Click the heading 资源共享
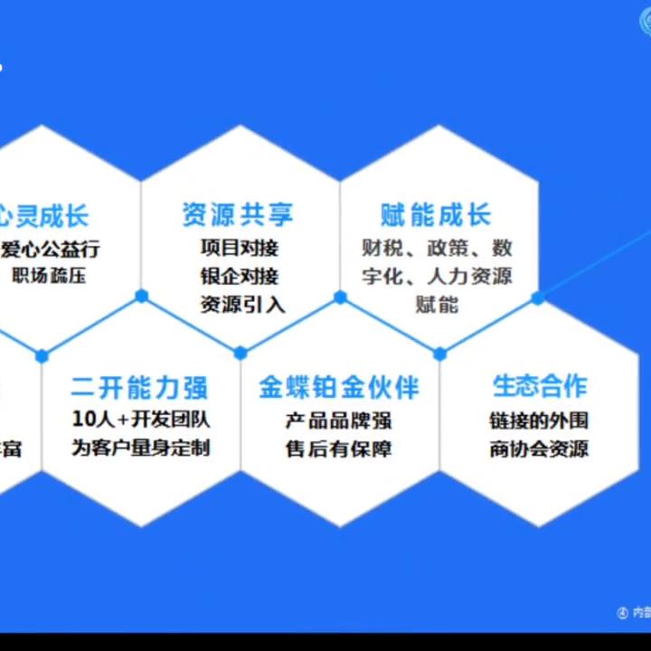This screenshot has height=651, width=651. tap(239, 215)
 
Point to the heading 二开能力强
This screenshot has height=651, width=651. tap(139, 388)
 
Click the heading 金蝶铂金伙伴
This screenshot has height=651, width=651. tap(339, 388)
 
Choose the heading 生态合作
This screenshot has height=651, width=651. tap(539, 386)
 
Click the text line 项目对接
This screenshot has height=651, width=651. tap(240, 247)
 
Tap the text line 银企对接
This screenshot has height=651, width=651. tap(240, 276)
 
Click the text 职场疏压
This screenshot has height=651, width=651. tap(49, 276)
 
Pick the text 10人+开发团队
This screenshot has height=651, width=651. tap(141, 420)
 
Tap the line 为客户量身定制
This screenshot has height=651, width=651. tap(141, 448)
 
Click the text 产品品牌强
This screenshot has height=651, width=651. tap(339, 420)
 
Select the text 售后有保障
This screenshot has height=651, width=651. tap(339, 448)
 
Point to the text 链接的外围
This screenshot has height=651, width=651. tap(539, 420)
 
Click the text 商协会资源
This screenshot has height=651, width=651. tap(539, 448)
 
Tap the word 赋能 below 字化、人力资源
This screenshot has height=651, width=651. tap(437, 305)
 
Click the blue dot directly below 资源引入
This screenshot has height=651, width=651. tap(241, 353)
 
